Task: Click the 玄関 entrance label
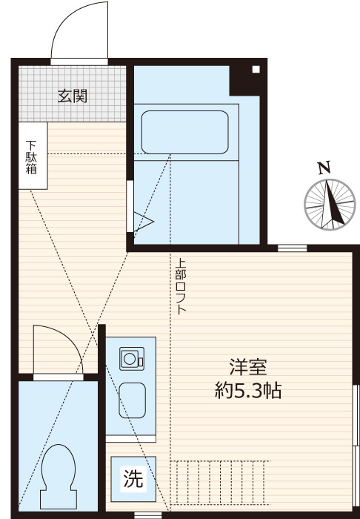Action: [73, 96]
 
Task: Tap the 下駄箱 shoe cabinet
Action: [33, 156]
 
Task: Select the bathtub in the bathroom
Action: [184, 132]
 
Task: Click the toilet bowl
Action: [59, 476]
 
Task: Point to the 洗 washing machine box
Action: [133, 479]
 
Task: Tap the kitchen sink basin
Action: [132, 400]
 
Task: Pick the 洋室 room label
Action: [248, 367]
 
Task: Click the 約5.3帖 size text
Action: [248, 391]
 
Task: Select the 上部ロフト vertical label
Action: [181, 286]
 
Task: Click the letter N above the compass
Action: [324, 168]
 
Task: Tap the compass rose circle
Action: [330, 205]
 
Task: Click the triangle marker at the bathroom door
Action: [144, 221]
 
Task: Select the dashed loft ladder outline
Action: [220, 483]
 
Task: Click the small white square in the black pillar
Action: [256, 69]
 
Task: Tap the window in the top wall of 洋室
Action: [293, 248]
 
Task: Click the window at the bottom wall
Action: [147, 515]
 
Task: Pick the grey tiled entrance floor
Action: [73, 93]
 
